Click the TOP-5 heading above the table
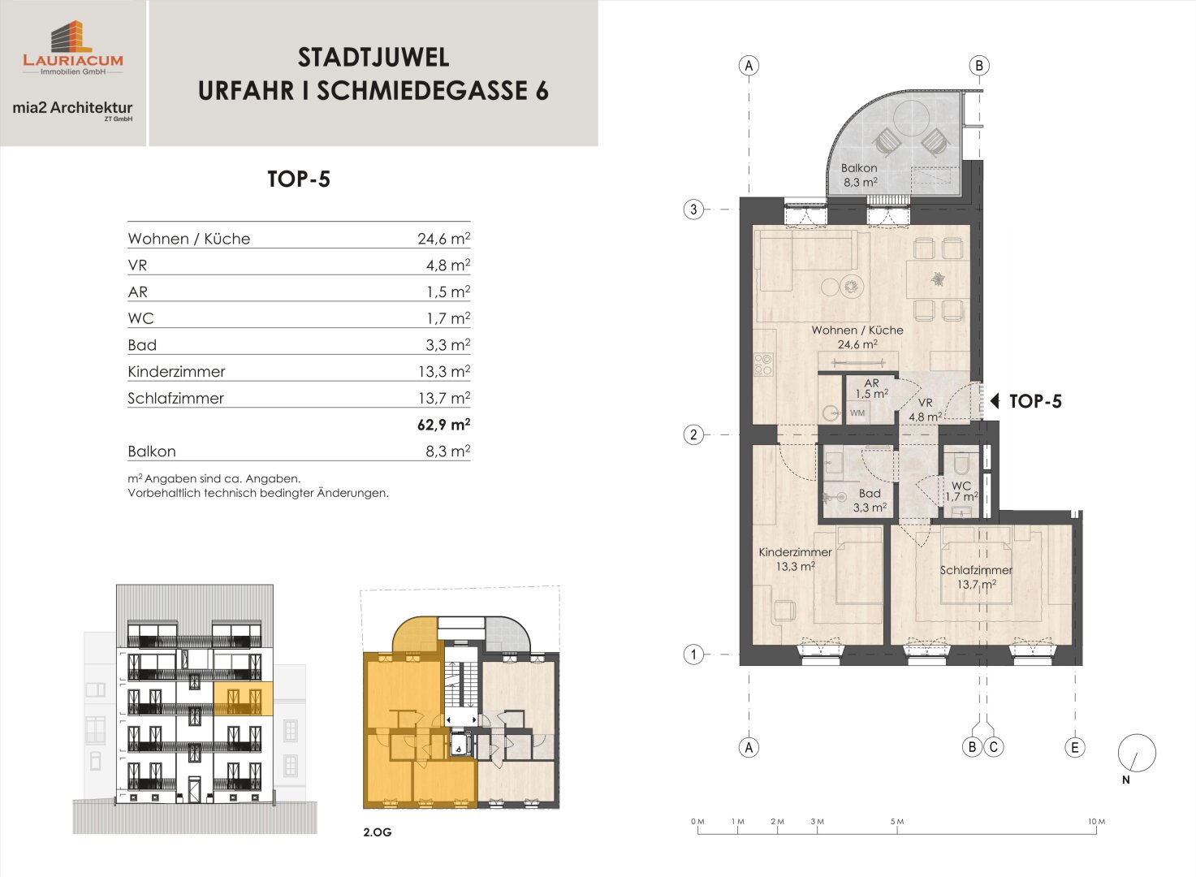point(299,179)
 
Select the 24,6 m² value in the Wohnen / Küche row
point(443,238)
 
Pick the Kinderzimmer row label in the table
point(176,372)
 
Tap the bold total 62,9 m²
point(443,425)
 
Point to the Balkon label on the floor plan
point(859,168)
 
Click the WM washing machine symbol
point(857,413)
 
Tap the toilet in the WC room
point(961,465)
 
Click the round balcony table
point(912,119)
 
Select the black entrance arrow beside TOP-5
point(995,400)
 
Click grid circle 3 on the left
point(693,210)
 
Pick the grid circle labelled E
point(1075,747)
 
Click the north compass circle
point(1137,754)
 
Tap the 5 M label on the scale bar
point(897,822)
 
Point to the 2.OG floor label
point(377,832)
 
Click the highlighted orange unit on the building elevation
point(243,698)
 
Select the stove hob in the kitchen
point(762,364)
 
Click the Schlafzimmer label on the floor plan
point(976,570)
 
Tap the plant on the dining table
point(937,279)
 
